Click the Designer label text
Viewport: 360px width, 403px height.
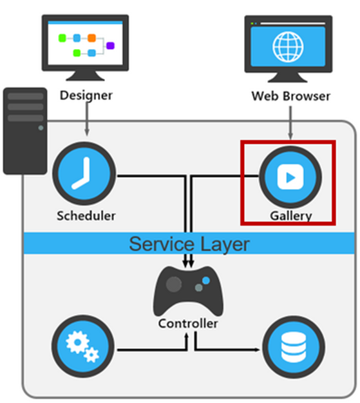[86, 96]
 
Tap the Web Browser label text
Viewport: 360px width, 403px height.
[290, 97]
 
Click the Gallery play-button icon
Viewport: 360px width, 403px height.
[289, 176]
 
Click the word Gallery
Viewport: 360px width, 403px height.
[291, 215]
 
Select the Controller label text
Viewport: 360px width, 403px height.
[188, 324]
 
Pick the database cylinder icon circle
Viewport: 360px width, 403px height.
[293, 351]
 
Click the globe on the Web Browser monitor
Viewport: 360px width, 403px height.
[289, 45]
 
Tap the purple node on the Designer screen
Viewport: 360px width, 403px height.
[110, 45]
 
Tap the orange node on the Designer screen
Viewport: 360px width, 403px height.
[91, 38]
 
